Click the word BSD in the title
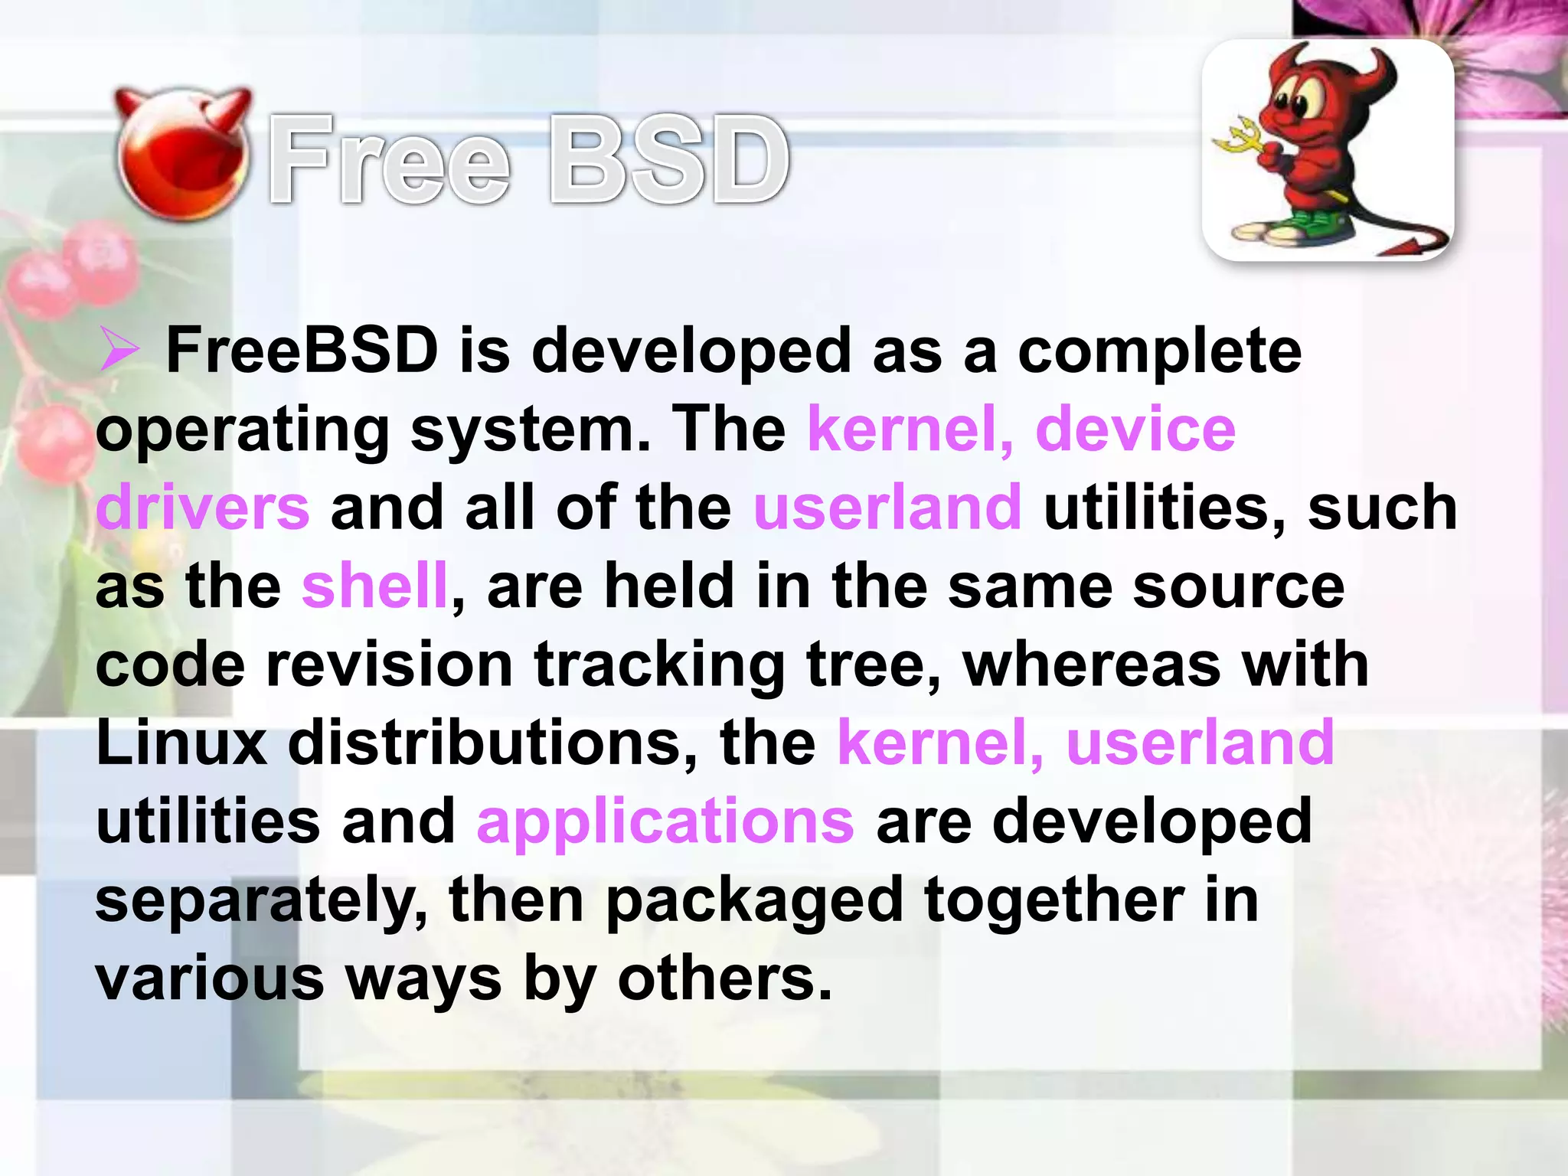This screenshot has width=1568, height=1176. click(x=670, y=161)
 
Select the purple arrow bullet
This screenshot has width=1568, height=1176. click(x=119, y=351)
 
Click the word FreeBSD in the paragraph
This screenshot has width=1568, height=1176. click(x=302, y=351)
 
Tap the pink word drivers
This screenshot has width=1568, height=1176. click(x=203, y=508)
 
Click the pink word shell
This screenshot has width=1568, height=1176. click(x=374, y=586)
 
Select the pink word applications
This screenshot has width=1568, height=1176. click(x=665, y=821)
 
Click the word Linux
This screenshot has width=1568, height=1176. click(x=182, y=743)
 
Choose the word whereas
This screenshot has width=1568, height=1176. click(x=1092, y=665)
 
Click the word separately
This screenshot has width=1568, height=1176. click(x=261, y=900)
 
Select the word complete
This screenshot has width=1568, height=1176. click(x=1159, y=351)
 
